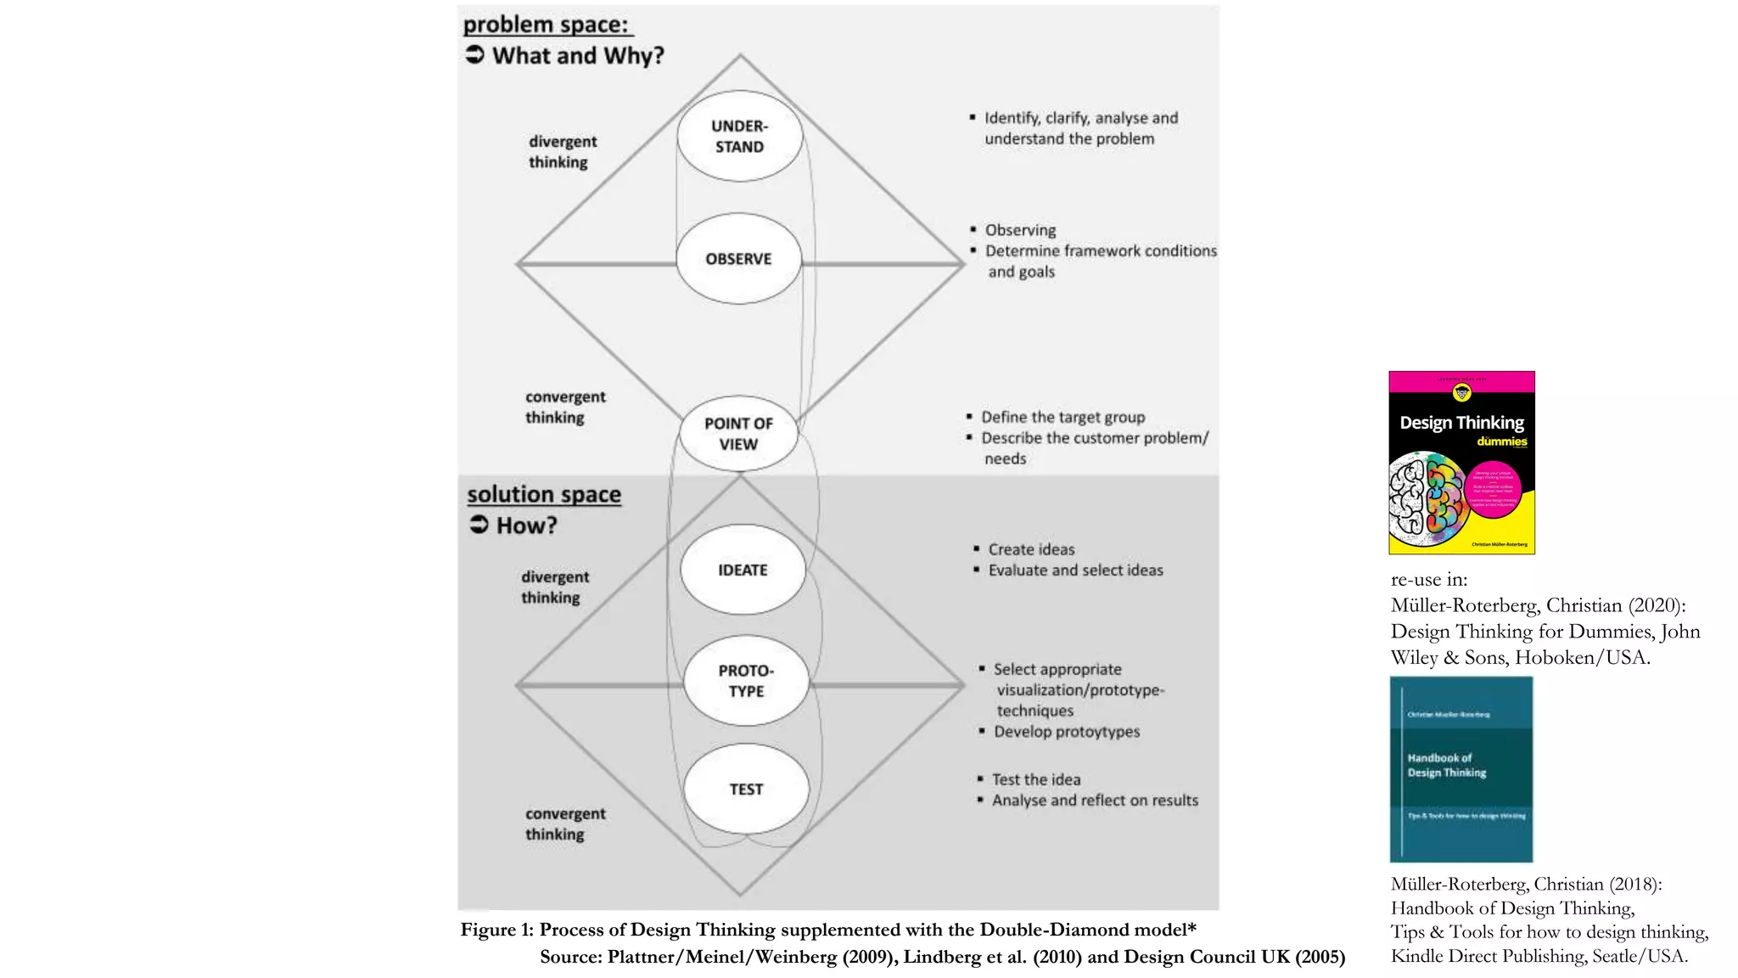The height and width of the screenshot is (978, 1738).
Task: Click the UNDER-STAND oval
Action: [739, 136]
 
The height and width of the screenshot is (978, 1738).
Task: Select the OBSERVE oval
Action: [738, 259]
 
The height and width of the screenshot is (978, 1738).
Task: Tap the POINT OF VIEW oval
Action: [738, 434]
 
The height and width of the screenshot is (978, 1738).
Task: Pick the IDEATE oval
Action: [743, 570]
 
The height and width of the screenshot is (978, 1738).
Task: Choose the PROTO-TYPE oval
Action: [746, 681]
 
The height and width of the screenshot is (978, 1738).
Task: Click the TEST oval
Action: [746, 790]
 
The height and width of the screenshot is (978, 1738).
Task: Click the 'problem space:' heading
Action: [546, 25]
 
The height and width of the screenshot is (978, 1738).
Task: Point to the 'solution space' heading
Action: [544, 494]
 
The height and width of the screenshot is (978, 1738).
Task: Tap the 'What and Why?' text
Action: [578, 56]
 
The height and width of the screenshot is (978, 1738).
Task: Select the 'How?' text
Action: [526, 526]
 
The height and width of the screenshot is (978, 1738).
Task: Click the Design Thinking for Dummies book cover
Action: [1461, 463]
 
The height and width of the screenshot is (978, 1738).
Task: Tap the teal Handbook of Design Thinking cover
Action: [1460, 769]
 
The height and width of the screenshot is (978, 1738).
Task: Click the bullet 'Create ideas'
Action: [1031, 549]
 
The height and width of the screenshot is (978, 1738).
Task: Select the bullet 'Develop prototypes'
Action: [1067, 732]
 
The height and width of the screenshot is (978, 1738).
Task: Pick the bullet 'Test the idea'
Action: [1036, 779]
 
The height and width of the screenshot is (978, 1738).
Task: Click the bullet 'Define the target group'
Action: [1062, 417]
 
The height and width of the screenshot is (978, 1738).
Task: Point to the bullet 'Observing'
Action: [1020, 230]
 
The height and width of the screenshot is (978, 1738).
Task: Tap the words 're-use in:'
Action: [1428, 580]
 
